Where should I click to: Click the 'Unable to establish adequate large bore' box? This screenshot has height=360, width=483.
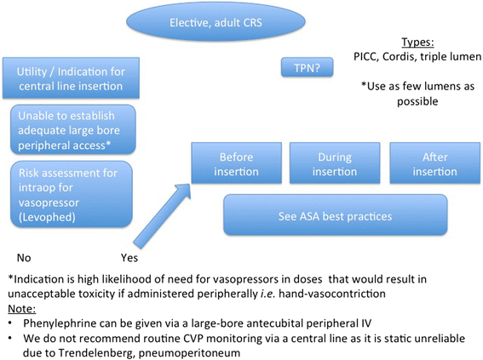pyautogui.click(x=72, y=129)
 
